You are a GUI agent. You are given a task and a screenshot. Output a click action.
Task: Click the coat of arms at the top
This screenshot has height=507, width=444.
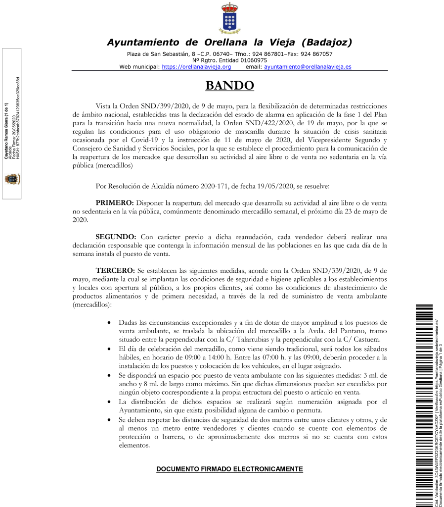click(x=229, y=18)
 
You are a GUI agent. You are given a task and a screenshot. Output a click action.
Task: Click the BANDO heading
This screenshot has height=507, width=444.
click(x=229, y=86)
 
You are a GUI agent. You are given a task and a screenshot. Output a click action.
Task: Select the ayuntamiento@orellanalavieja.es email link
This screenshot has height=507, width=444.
click(x=308, y=66)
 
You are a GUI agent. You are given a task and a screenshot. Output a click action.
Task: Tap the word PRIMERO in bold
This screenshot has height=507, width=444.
click(x=114, y=203)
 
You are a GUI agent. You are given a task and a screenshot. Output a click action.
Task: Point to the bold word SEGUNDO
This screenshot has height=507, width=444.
click(x=116, y=237)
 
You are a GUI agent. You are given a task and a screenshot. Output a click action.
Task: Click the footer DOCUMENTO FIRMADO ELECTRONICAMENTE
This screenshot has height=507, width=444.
click(x=229, y=468)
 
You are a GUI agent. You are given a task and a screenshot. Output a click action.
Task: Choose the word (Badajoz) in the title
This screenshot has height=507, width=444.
click(x=326, y=42)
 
